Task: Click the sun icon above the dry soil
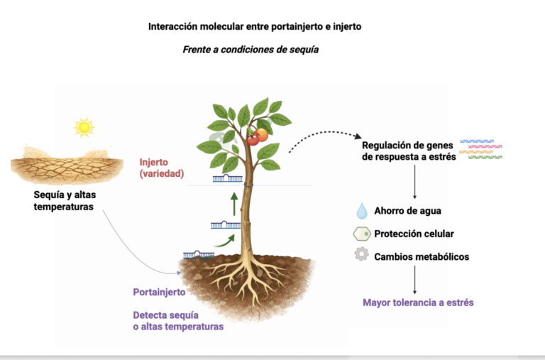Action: pyautogui.click(x=84, y=127)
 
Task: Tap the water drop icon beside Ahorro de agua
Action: pyautogui.click(x=362, y=211)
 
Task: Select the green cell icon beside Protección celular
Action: pyautogui.click(x=362, y=234)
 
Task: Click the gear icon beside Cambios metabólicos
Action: pyautogui.click(x=362, y=256)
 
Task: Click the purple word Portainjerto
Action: pyautogui.click(x=159, y=292)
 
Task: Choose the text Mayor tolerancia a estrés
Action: pyautogui.click(x=418, y=302)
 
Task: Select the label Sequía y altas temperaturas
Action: pyautogui.click(x=63, y=201)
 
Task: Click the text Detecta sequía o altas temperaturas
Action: pyautogui.click(x=178, y=320)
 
